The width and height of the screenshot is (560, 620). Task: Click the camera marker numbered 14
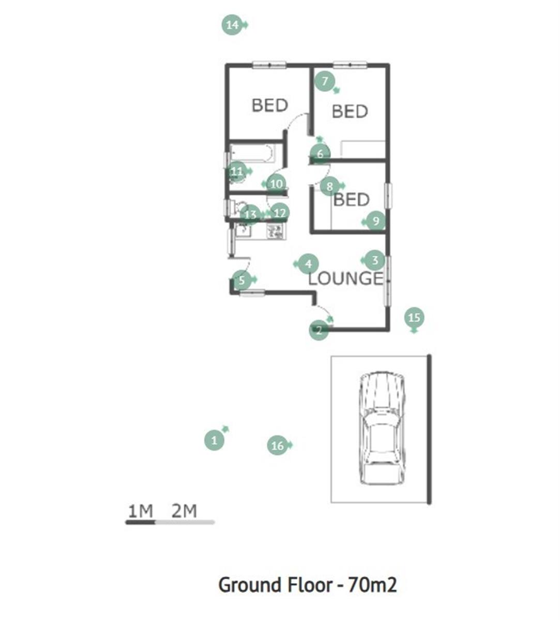232,25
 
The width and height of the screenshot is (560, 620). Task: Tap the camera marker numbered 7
325,81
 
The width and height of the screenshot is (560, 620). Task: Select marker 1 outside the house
214,440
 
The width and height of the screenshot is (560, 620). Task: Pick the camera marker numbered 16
278,445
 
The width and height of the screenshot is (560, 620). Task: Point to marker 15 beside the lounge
414,317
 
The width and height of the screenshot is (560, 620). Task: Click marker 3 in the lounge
375,260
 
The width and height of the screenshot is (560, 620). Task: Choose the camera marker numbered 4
309,264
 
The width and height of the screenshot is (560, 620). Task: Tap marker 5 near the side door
241,280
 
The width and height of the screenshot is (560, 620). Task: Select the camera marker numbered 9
375,221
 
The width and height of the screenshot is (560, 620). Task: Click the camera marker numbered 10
276,184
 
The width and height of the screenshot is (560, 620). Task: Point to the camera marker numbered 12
279,213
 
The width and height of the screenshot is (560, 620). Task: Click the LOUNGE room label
345,278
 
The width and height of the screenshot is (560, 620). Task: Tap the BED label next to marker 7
350,112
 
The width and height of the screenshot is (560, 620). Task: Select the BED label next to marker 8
352,199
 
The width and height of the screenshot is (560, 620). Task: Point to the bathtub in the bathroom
251,153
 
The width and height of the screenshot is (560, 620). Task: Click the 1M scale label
141,511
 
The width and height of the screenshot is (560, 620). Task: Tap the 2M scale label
184,511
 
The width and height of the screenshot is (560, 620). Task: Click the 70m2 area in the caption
372,585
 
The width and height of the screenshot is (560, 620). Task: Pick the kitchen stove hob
275,231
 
